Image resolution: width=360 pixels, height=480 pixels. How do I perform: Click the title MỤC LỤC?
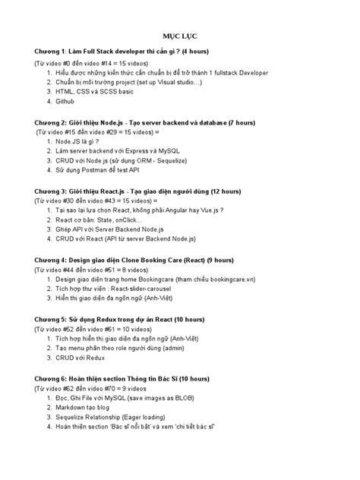tap(179, 36)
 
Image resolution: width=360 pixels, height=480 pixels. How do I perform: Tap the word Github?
tap(66, 101)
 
